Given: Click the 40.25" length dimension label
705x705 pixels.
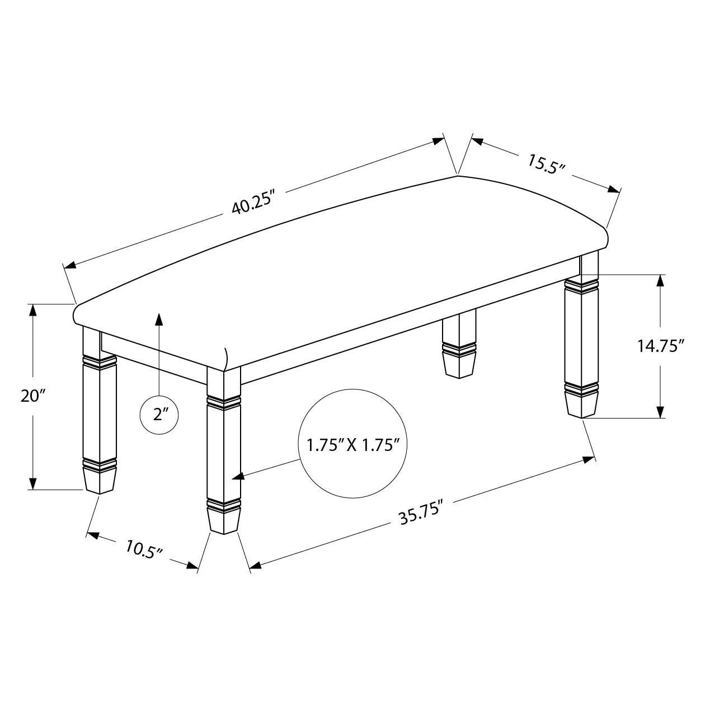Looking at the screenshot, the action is [253, 203].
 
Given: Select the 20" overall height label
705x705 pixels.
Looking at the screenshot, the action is [34, 396].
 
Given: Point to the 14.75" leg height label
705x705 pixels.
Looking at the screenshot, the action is [661, 346].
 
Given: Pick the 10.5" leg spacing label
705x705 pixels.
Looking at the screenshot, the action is [143, 549].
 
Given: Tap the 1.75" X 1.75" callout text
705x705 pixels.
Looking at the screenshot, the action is [352, 445].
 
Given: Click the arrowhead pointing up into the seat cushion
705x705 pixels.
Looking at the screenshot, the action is [159, 319].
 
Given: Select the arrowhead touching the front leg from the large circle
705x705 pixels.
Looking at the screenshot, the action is [238, 476].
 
